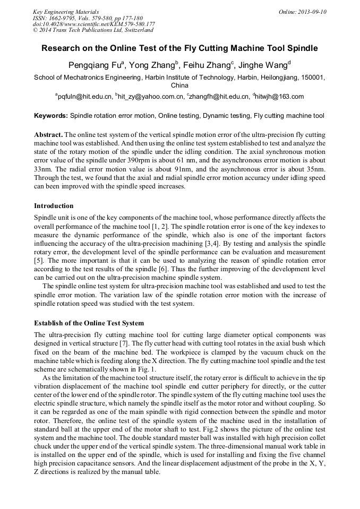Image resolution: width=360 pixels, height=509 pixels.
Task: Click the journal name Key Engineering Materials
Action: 65,12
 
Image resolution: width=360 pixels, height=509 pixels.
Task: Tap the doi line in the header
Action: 94,24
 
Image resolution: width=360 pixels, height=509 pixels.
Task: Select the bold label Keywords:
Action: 51,116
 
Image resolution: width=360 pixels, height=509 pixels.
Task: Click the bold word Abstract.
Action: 48,135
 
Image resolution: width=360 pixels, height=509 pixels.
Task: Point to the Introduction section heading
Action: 54,206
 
